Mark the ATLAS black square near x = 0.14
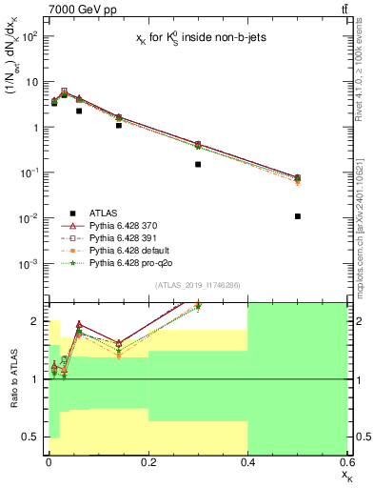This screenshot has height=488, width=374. [x=118, y=125]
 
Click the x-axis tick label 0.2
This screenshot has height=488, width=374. [x=148, y=462]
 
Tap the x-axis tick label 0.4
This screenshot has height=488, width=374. [x=247, y=462]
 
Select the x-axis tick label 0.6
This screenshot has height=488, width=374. [x=344, y=462]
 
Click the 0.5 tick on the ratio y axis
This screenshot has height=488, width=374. [x=30, y=437]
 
